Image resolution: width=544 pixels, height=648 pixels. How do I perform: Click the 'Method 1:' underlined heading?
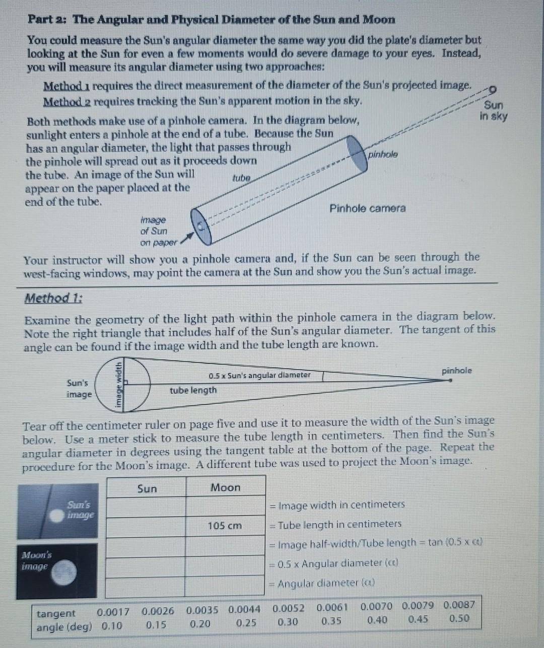coord(54,298)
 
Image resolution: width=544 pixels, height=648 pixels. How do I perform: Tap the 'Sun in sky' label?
coord(493,111)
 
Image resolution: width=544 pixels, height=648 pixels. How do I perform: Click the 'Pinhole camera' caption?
coord(367,208)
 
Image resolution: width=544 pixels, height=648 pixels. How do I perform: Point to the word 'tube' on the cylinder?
coord(241,178)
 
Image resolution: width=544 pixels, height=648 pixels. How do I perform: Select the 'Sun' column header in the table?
coord(147,488)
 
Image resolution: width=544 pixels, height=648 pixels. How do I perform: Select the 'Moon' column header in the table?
coord(225,487)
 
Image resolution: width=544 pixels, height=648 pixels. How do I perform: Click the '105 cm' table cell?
coord(225,526)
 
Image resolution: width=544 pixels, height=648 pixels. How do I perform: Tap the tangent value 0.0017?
coord(113,612)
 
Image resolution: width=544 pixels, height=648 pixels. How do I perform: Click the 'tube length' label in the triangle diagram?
coord(193,390)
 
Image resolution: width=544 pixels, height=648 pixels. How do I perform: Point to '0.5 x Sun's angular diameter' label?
coord(259,375)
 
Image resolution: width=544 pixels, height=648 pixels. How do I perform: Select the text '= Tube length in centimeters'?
coord(336,525)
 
